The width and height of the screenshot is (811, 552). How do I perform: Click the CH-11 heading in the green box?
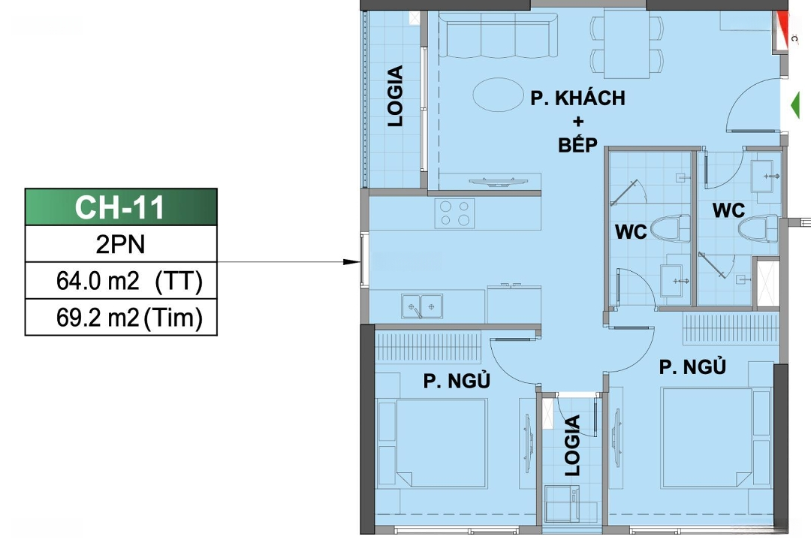click(119, 207)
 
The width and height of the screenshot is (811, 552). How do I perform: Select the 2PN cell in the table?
click(120, 244)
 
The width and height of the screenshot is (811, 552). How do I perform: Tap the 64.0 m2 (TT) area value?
click(129, 281)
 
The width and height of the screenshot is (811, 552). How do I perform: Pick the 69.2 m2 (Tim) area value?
click(129, 318)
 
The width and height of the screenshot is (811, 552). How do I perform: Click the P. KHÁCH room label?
click(577, 98)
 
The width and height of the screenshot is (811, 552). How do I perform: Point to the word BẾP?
click(577, 145)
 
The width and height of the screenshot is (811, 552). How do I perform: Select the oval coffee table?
click(498, 94)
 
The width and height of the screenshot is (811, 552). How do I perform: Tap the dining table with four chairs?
click(627, 45)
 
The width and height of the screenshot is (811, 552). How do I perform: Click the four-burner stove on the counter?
click(454, 213)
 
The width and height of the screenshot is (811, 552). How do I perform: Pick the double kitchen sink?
click(422, 306)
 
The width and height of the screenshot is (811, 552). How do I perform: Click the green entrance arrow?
click(795, 105)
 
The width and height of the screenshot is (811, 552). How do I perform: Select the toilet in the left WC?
click(670, 228)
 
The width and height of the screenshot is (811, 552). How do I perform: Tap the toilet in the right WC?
click(758, 228)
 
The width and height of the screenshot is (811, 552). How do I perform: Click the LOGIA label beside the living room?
click(396, 95)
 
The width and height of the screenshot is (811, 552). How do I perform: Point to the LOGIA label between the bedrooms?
click(572, 445)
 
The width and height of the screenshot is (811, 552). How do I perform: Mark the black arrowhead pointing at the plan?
click(351, 262)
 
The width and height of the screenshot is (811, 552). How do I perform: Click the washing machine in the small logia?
click(562, 504)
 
